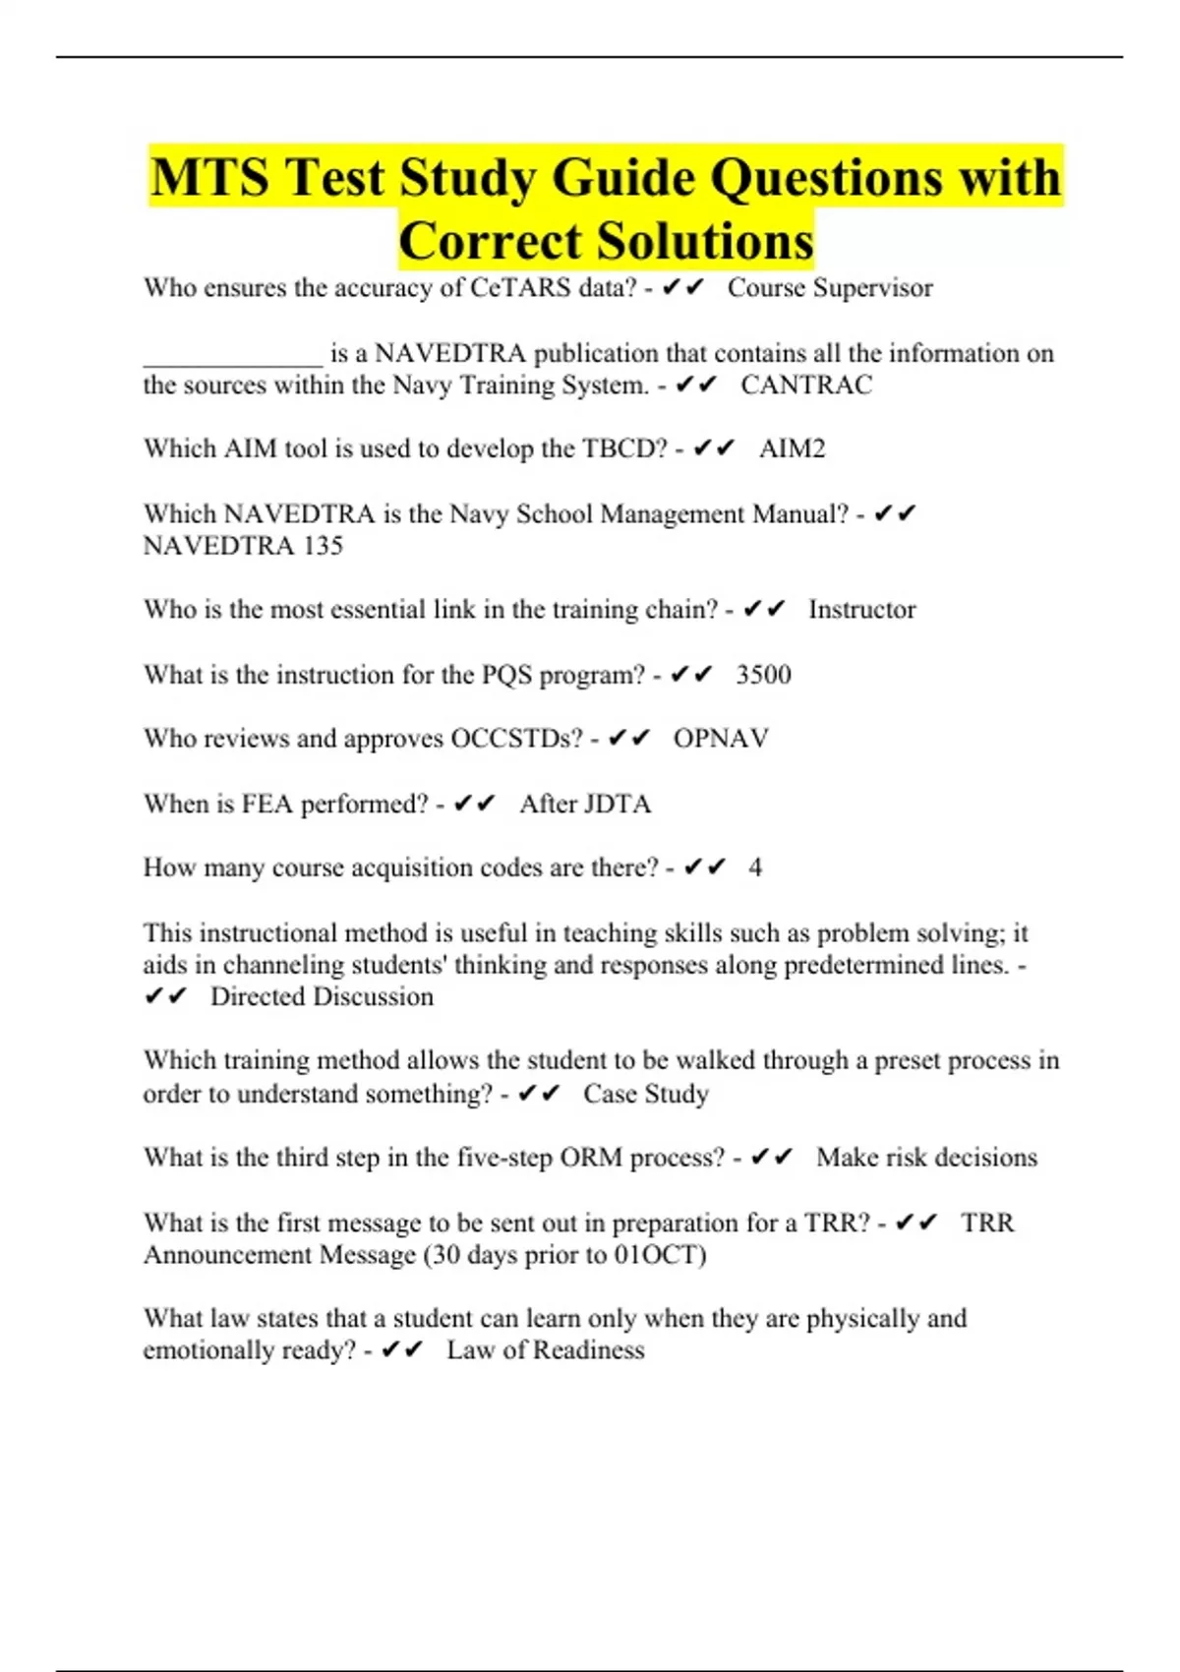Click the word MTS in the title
pos(209,178)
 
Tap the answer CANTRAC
pos(805,385)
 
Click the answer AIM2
pos(792,448)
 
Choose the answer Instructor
pos(861,610)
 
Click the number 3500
pos(763,675)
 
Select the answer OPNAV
pos(721,739)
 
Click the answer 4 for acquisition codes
pos(754,867)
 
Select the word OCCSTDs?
pos(516,739)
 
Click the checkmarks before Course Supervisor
pos(683,288)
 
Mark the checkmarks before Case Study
pos(539,1094)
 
